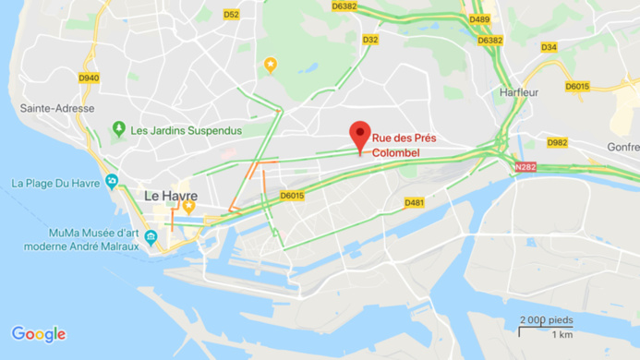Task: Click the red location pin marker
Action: (x=360, y=136)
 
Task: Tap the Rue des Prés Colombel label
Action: (x=405, y=146)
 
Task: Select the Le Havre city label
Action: (x=166, y=195)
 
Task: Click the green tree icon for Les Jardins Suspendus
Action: (x=118, y=129)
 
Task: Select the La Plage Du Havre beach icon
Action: (x=112, y=181)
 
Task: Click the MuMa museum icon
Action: (x=151, y=239)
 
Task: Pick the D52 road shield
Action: (x=231, y=14)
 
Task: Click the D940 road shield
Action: (x=89, y=78)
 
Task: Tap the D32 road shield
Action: (x=370, y=40)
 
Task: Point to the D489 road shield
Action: (x=479, y=18)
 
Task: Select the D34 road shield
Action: (x=549, y=47)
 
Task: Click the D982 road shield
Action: (x=557, y=142)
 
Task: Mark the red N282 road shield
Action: (x=525, y=166)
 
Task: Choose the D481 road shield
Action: (x=414, y=202)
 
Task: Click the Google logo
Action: (x=39, y=334)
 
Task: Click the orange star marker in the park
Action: (x=270, y=65)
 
